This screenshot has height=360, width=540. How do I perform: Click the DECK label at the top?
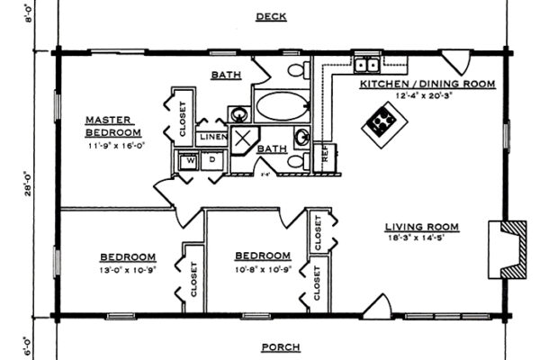click(271, 16)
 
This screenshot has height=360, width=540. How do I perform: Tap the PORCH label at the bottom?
click(280, 347)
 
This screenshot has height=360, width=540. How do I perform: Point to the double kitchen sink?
click(365, 65)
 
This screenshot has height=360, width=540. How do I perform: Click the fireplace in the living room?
click(508, 247)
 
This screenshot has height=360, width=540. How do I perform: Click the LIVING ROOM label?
click(422, 227)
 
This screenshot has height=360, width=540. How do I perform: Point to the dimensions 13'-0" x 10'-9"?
click(129, 269)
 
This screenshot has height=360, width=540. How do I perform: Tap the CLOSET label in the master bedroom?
click(183, 119)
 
